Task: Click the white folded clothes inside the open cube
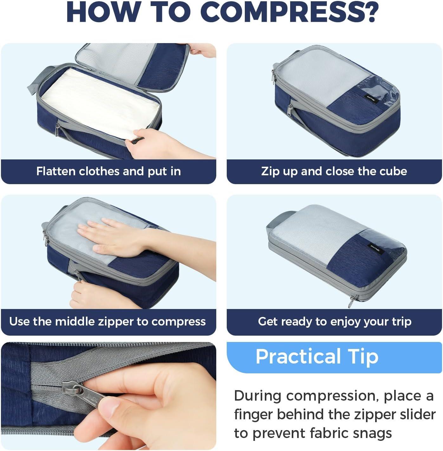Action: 101,101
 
